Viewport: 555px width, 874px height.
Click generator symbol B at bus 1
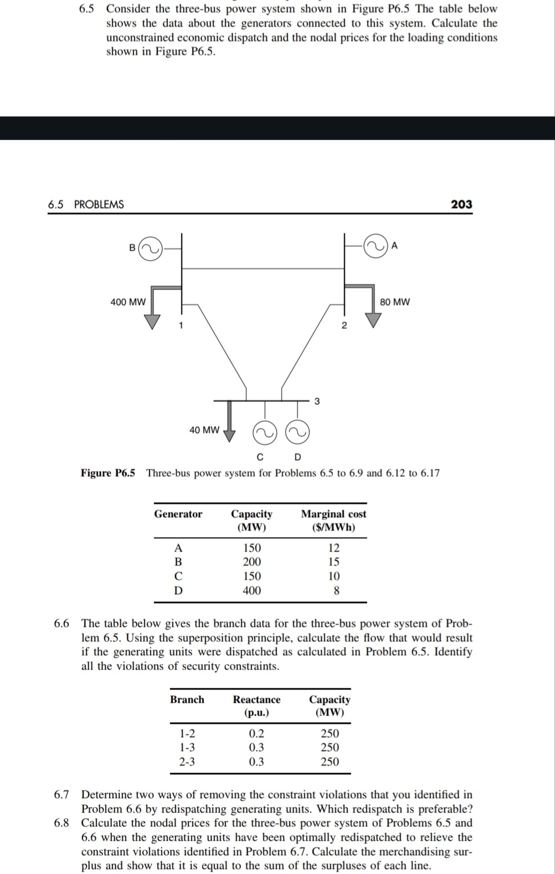tap(150, 249)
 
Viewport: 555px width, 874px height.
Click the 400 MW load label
tap(128, 302)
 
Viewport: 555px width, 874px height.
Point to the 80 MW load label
tap(395, 302)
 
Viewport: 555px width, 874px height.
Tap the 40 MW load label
tap(204, 430)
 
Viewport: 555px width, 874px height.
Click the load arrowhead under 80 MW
tap(373, 320)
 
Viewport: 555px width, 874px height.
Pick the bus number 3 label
tap(317, 402)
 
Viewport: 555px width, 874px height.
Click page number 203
tap(461, 204)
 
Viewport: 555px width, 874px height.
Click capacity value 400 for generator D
tap(252, 590)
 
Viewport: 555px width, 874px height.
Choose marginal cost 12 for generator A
tap(333, 548)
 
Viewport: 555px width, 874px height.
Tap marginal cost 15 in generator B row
tap(333, 562)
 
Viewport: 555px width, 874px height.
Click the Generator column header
tap(178, 514)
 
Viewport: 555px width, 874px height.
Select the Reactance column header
tap(256, 700)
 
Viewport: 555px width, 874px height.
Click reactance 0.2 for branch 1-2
tap(256, 733)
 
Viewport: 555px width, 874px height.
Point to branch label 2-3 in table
tap(187, 762)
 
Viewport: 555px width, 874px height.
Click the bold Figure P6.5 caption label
tap(108, 473)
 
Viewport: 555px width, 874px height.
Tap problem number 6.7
tap(61, 795)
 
